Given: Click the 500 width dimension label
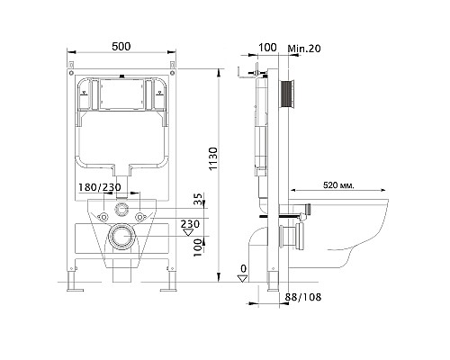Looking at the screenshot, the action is (121, 47).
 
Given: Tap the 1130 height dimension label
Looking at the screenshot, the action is (213, 158).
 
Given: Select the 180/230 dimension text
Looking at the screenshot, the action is (100, 187).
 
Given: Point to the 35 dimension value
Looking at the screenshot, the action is (197, 199).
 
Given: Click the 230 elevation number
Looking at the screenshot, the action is (190, 224).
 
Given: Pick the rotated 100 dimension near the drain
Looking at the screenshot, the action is (197, 247).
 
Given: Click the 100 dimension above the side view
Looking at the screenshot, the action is (267, 48).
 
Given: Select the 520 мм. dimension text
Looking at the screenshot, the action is (338, 185).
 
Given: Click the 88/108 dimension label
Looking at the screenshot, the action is (302, 297).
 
